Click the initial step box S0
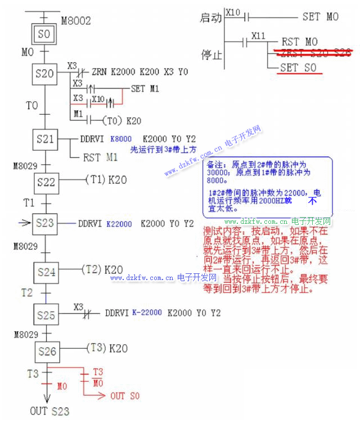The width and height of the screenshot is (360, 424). click(44, 34)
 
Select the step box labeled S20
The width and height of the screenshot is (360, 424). click(45, 74)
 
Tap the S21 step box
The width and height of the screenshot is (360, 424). click(45, 139)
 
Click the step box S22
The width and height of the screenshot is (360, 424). click(46, 182)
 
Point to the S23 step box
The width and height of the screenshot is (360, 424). click(46, 223)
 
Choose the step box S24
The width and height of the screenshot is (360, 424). click(47, 272)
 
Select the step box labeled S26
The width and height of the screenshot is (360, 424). click(47, 351)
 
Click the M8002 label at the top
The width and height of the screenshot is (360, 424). click(75, 21)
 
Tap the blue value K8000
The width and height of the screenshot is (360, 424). click(121, 138)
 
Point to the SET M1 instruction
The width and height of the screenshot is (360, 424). click(145, 89)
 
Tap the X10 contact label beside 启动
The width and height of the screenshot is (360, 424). click(232, 11)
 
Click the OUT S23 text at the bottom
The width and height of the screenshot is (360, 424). click(50, 411)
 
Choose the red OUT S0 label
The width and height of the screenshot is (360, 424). click(125, 396)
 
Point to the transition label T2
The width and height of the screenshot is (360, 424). click(27, 292)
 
